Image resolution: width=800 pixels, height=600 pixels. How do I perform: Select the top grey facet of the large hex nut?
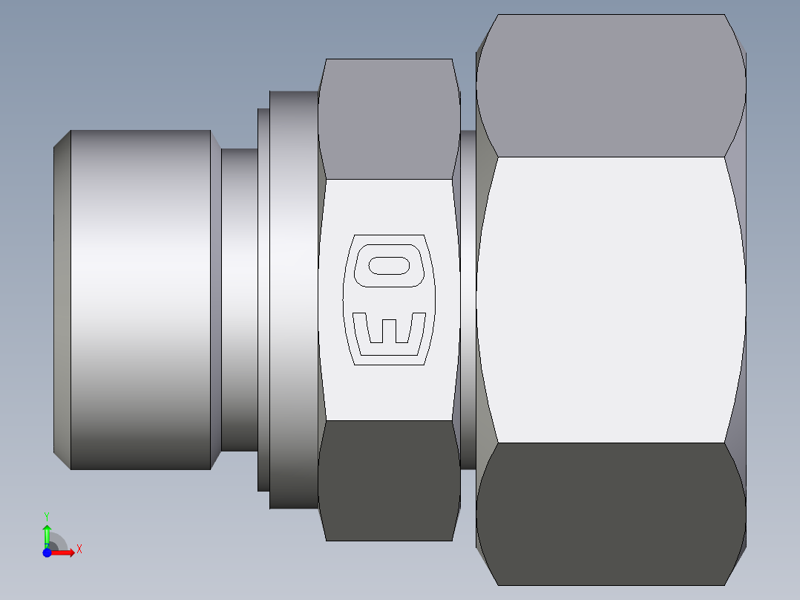[610, 85]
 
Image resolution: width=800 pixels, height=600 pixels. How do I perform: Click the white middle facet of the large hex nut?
[610, 299]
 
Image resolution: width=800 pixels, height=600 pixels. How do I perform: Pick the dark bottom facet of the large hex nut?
[610, 512]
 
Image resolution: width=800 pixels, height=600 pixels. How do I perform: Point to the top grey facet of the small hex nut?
[389, 119]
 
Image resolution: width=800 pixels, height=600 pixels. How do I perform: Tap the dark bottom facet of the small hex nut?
[389, 480]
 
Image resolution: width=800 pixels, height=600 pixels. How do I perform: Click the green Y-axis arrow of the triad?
[47, 534]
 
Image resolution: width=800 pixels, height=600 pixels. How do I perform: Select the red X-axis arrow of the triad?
[64, 552]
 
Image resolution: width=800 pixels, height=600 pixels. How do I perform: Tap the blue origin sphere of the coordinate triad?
[47, 552]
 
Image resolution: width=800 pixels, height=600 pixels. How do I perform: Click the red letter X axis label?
[79, 550]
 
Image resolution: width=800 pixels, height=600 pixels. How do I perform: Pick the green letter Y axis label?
[47, 515]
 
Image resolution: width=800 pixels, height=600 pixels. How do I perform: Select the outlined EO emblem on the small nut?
[389, 300]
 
